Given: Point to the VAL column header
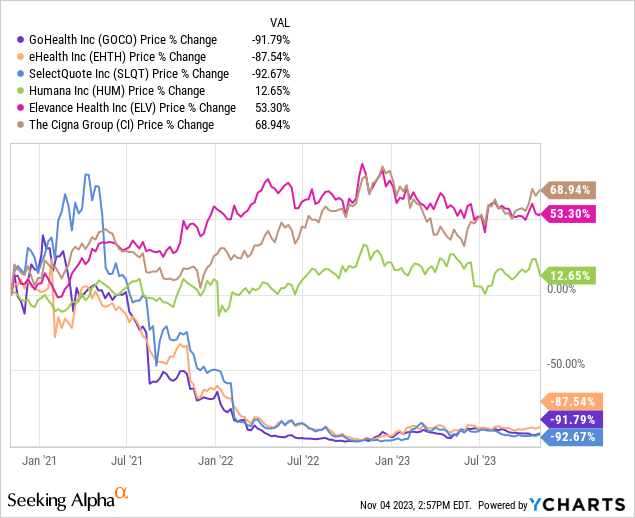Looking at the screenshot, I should (x=282, y=22).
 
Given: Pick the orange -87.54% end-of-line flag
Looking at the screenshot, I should (x=570, y=401).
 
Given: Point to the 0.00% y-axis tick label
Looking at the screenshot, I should (x=564, y=289).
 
